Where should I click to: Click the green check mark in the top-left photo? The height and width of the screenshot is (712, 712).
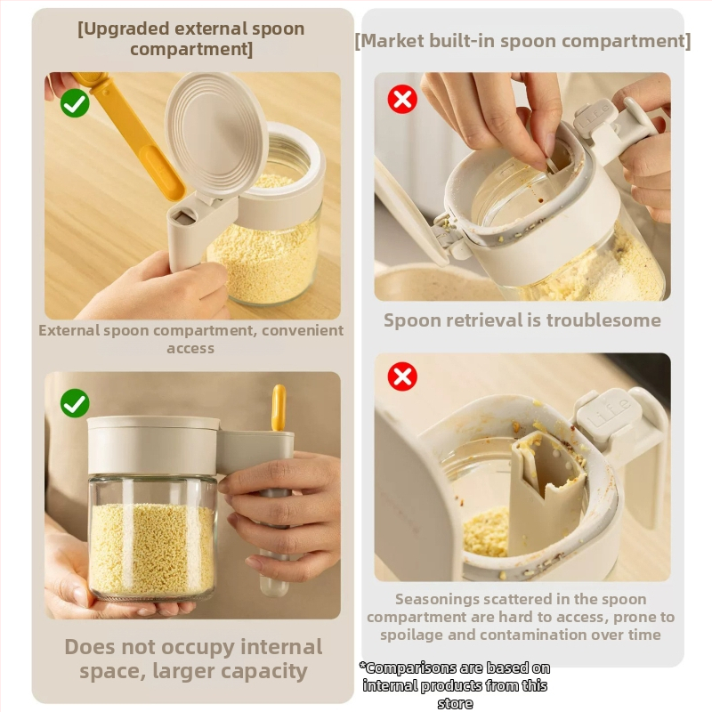tap(75, 103)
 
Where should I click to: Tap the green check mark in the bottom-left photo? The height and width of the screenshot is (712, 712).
tap(75, 403)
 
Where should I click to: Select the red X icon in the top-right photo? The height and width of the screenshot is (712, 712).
tap(402, 99)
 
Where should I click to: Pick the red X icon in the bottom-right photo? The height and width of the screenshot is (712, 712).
tap(402, 376)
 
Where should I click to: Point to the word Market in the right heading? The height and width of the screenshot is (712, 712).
tap(389, 41)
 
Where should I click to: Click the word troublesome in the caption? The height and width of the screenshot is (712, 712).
tap(603, 320)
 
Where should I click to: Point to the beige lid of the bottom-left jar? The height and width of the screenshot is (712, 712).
tap(153, 445)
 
